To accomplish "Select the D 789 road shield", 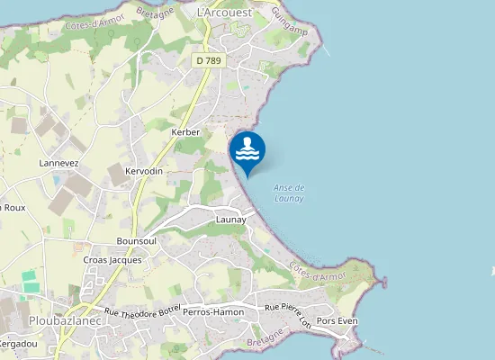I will (x=208, y=60).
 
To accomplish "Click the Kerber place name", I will (x=184, y=132).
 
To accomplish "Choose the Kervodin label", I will (x=144, y=171).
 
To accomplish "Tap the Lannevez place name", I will (x=59, y=163).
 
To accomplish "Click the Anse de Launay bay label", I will (x=289, y=193).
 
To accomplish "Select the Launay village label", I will (x=231, y=220).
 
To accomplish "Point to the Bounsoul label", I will (x=137, y=241).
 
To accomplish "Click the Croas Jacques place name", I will (x=112, y=260).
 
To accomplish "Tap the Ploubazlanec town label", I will (x=64, y=320).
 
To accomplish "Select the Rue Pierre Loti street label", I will (x=288, y=313).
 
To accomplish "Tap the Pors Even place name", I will (x=338, y=320).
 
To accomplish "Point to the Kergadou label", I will (x=18, y=345).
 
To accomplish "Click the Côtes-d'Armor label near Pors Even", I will (x=319, y=271).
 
